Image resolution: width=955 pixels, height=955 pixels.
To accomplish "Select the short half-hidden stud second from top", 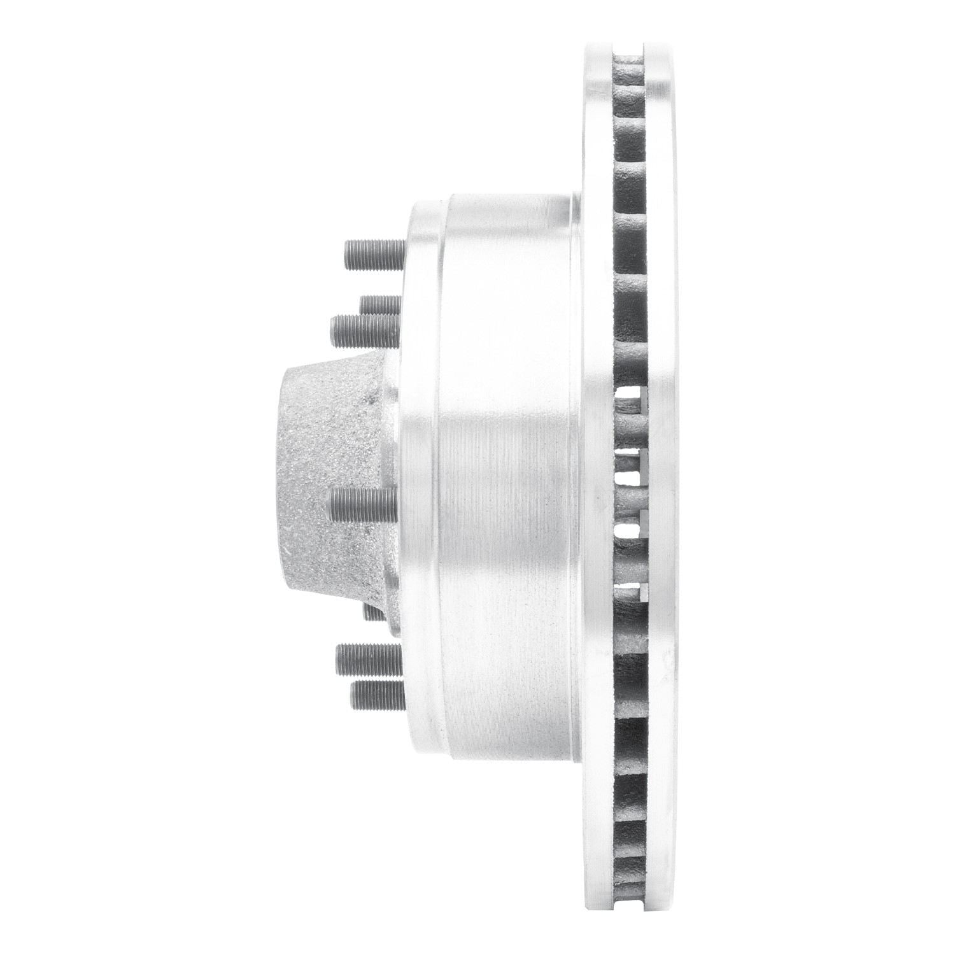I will [x=379, y=304].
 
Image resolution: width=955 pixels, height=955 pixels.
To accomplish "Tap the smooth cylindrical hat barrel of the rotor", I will [x=503, y=478].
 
